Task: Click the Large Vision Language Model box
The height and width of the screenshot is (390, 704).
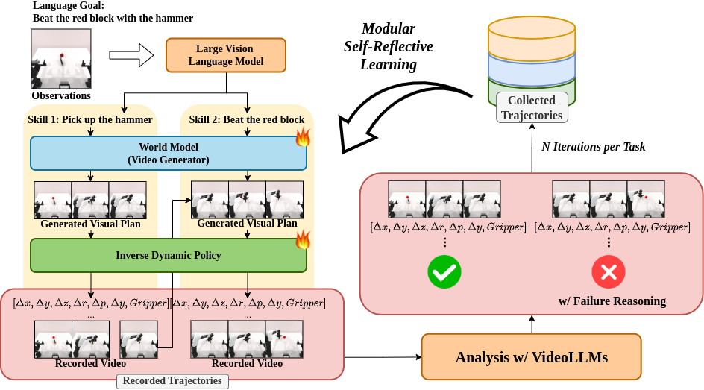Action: tap(226, 55)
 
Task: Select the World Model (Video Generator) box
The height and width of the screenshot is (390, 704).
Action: tap(168, 153)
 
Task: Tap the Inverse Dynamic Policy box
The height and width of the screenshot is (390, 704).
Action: tap(168, 255)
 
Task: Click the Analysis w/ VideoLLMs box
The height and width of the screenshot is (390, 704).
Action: tap(531, 356)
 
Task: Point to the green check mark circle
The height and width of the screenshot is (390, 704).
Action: tap(444, 273)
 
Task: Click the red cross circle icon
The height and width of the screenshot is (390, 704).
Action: tap(609, 273)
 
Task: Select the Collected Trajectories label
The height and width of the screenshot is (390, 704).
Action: tap(532, 107)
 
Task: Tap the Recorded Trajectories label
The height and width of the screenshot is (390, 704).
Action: tap(172, 380)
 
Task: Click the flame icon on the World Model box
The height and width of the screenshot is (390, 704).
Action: tap(303, 136)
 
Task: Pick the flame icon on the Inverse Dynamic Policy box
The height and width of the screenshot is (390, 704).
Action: tap(303, 239)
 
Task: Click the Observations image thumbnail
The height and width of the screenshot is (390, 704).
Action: tap(61, 59)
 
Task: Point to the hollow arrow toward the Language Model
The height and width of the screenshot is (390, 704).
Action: tap(129, 54)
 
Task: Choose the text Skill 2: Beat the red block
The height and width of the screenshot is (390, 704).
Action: tap(246, 120)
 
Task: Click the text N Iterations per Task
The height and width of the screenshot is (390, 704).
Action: tap(593, 147)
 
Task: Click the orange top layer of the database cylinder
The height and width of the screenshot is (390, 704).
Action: tap(532, 34)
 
